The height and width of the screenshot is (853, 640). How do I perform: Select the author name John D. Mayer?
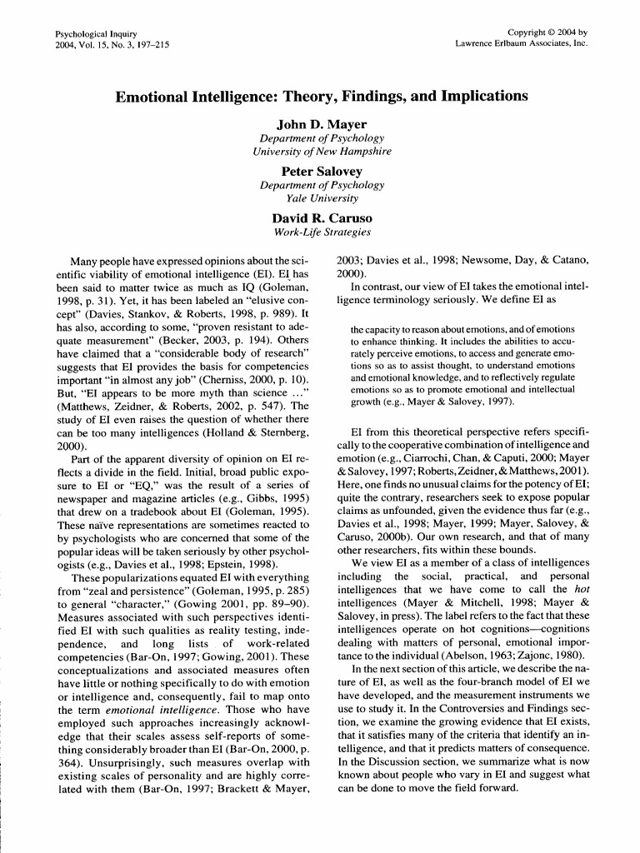pos(322,125)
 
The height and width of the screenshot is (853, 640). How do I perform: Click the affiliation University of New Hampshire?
pos(322,152)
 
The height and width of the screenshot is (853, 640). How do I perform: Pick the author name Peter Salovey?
pos(322,172)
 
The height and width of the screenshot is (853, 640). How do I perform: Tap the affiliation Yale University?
pos(322,198)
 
